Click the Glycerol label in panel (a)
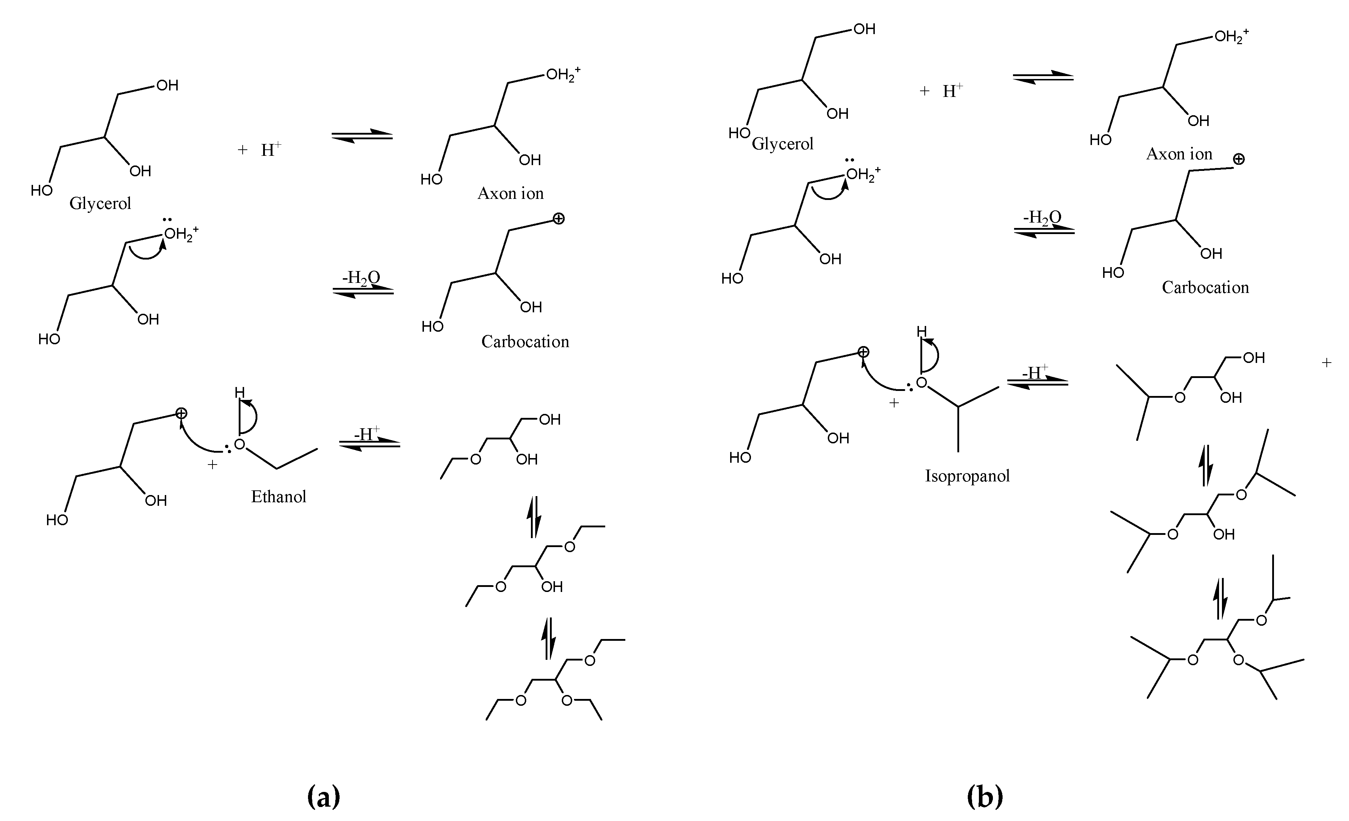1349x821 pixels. pos(100,204)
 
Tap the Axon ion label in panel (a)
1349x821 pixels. pos(510,193)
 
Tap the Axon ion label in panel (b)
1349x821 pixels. pos(1179,154)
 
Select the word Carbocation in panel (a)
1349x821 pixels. pos(525,341)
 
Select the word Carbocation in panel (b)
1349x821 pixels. pos(1205,287)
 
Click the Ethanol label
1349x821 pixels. pos(279,496)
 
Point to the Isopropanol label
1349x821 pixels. pos(967,476)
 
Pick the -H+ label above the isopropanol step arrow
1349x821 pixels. pos(1035,372)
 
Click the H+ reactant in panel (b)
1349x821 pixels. pos(953,91)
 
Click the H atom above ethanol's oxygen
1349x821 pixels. pos(239,392)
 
